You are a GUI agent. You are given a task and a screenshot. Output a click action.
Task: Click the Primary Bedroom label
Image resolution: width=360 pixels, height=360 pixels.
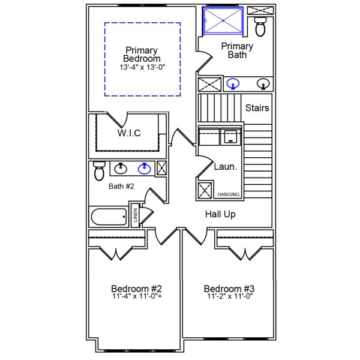pyautogui.click(x=142, y=55)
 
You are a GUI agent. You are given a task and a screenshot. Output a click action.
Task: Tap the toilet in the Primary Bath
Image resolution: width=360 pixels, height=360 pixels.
pyautogui.click(x=260, y=26)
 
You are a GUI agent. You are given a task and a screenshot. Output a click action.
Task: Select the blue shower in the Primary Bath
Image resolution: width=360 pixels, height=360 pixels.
pyautogui.click(x=223, y=21)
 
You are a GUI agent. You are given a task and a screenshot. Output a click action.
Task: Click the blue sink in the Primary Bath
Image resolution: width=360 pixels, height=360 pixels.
pyautogui.click(x=233, y=84)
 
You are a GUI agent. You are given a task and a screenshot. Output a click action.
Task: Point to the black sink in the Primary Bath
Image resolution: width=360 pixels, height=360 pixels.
pyautogui.click(x=263, y=84)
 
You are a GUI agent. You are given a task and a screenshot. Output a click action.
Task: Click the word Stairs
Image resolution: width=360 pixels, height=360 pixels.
pyautogui.click(x=257, y=108)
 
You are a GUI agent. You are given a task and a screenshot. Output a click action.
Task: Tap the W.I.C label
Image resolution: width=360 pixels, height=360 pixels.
pyautogui.click(x=129, y=133)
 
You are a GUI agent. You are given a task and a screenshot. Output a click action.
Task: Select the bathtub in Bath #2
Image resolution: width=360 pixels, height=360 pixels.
pyautogui.click(x=109, y=217)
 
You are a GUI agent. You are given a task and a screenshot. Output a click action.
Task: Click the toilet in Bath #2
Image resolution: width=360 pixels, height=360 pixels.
pyautogui.click(x=99, y=171)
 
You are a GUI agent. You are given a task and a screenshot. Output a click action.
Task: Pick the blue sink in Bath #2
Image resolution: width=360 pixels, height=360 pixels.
pyautogui.click(x=144, y=169)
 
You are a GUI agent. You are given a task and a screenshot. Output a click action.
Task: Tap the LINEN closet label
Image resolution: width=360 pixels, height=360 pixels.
pyautogui.click(x=136, y=215)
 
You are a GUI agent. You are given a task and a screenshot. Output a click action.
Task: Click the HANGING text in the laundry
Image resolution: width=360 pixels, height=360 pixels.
pyautogui.click(x=228, y=194)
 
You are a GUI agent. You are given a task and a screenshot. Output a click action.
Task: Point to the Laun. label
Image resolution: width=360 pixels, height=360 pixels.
pyautogui.click(x=225, y=167)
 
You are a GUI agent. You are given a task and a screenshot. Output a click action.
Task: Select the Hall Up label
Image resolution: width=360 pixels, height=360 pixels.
pyautogui.click(x=220, y=214)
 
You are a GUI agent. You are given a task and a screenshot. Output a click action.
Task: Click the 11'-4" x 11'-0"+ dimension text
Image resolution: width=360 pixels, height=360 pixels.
pyautogui.click(x=137, y=296)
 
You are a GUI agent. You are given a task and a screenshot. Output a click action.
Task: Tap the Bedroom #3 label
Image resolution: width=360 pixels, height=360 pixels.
pyautogui.click(x=229, y=289)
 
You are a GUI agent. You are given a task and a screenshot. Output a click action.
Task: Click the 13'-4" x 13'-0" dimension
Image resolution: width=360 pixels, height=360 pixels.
pyautogui.click(x=142, y=67)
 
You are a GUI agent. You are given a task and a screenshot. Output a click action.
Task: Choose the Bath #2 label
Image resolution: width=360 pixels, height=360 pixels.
pyautogui.click(x=121, y=186)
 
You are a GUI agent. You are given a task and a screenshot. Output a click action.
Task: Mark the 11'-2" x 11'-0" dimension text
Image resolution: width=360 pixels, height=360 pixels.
pyautogui.click(x=230, y=296)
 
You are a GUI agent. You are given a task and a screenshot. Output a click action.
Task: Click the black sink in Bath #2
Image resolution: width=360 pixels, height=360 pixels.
pyautogui.click(x=121, y=169)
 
